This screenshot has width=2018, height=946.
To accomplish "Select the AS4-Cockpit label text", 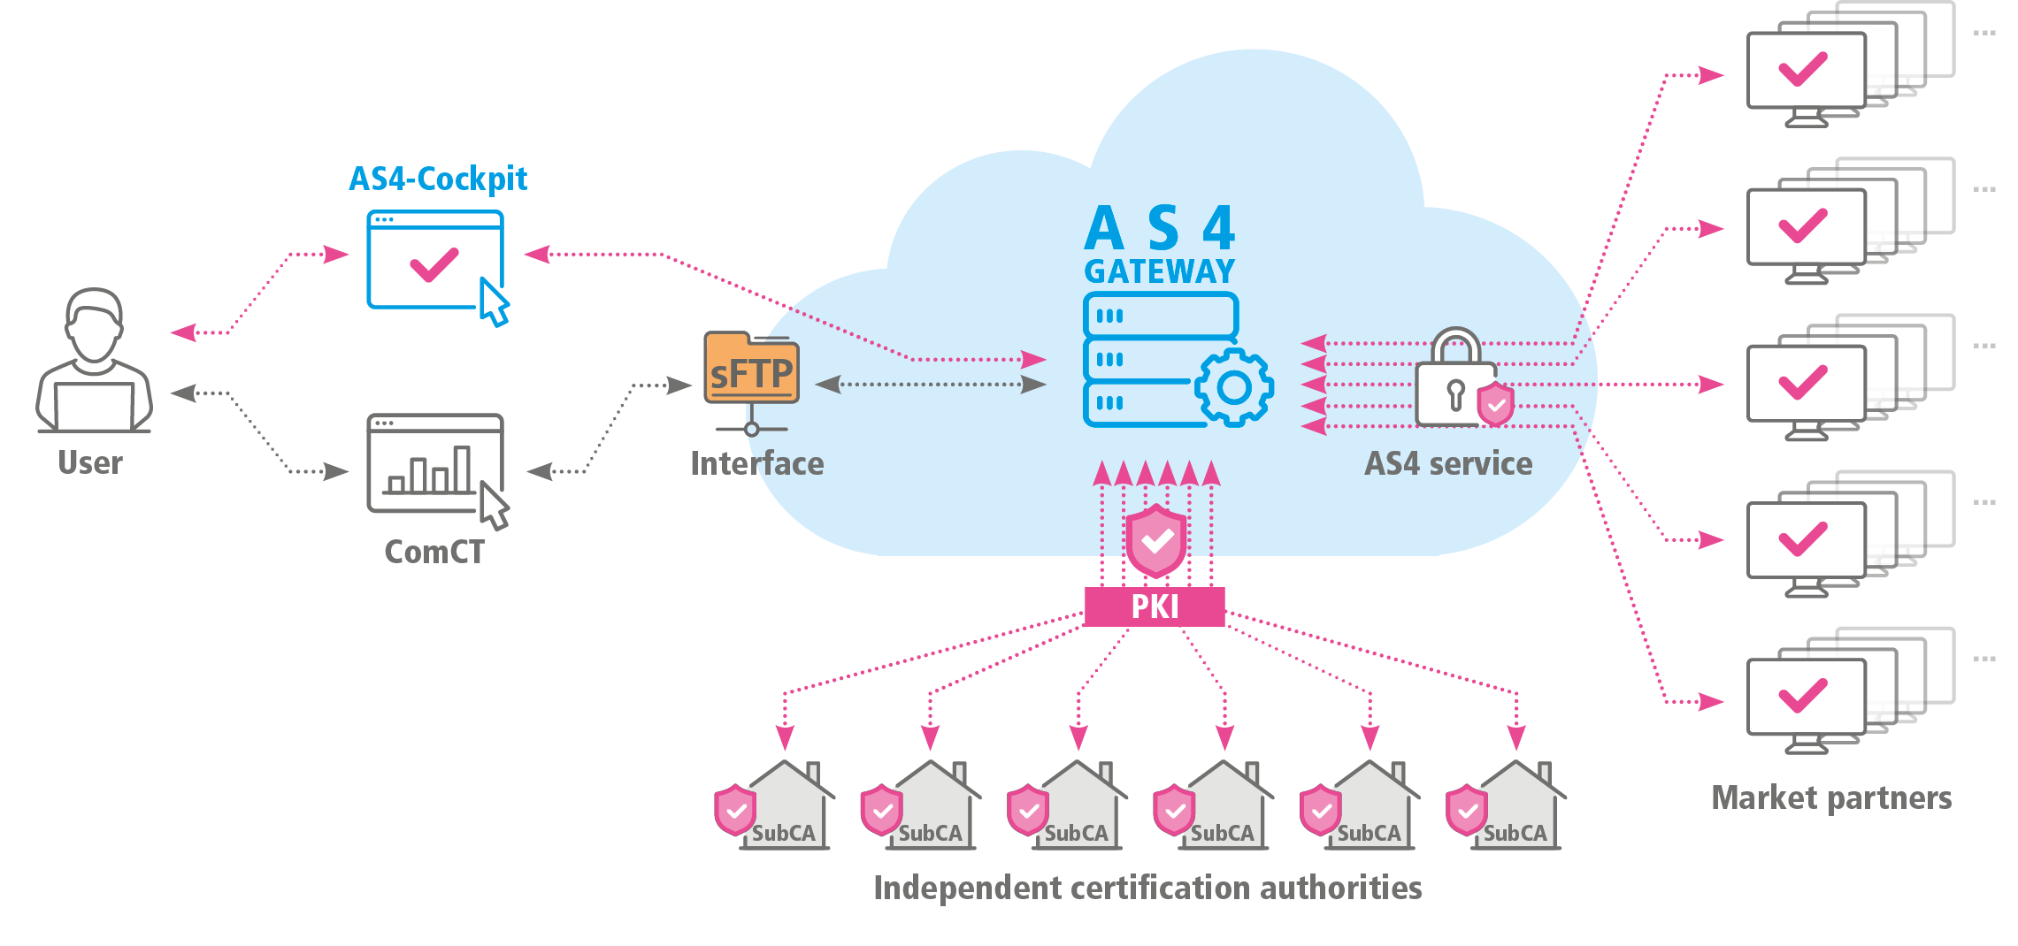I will coord(438,179).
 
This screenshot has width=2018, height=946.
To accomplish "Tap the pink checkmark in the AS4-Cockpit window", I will coord(434,264).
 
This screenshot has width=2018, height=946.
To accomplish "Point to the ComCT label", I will coord(434,553).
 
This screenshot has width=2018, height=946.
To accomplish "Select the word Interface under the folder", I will coord(756,464).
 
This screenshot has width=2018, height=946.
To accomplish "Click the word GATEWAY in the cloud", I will coord(1159,271).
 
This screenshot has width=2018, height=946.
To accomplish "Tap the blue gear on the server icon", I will coord(1234,387).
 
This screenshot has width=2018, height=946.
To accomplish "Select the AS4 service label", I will coord(1448,464).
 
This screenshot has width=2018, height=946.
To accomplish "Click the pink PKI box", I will coord(1155,607).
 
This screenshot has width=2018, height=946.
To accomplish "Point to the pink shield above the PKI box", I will coord(1156,540).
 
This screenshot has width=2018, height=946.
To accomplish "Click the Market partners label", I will coord(1831,798).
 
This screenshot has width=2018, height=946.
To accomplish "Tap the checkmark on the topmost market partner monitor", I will coord(1803,69).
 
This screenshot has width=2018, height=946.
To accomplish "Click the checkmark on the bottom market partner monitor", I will coord(1803,695).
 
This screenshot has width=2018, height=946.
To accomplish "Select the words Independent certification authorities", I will coord(1147,888).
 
